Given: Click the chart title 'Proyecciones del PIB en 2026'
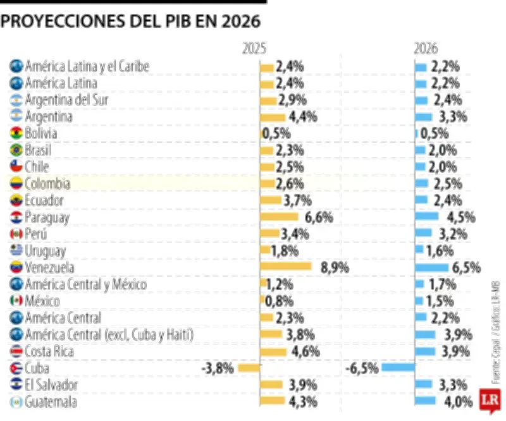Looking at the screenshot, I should coord(130,21).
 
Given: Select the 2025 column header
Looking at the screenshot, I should coord(254,49).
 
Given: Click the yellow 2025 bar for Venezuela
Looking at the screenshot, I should coord(286,267).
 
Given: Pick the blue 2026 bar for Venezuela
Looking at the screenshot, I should coord(431,267).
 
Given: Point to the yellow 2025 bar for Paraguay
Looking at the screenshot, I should coord(279,217).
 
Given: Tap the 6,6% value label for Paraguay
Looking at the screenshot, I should coord(319,217).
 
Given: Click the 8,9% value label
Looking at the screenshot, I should coord(335,267).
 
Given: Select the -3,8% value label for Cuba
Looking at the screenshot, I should coord(218,367).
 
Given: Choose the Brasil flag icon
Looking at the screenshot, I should coord(16,150).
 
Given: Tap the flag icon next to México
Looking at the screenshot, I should coord(16,300).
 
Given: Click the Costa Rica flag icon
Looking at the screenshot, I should coord(16,351).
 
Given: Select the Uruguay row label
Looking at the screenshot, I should coord(46,250).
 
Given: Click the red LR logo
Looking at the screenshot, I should coord(488,400).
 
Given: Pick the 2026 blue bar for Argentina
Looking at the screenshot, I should coord(423,116).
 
